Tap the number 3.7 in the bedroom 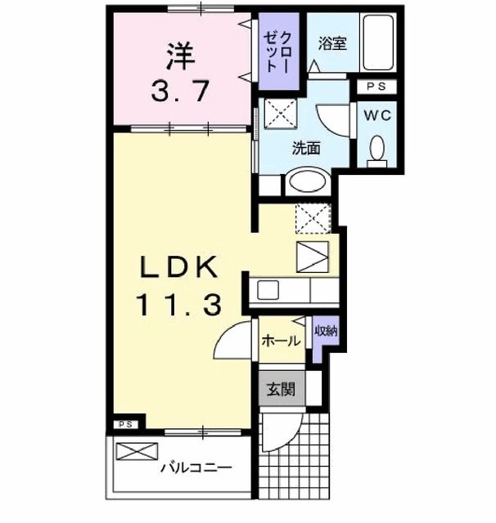181,90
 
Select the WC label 377,115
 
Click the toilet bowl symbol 377,149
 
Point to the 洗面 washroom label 306,148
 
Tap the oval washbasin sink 305,181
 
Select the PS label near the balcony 125,424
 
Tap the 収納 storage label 326,331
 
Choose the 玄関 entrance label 279,389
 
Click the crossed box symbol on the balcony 133,452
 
